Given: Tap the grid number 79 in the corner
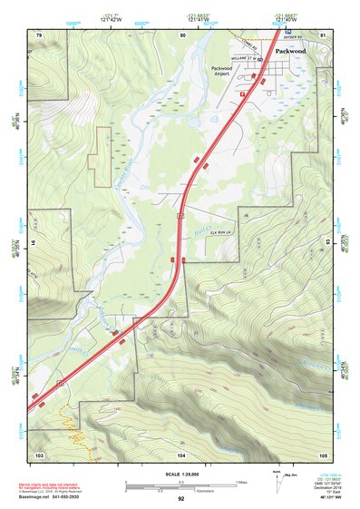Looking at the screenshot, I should coord(39,34).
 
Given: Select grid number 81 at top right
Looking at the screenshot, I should coord(323,34).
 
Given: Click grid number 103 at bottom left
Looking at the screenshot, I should coord(39,454).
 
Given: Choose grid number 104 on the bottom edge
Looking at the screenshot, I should coord(181,454).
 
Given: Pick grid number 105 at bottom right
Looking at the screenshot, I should coord(323,454).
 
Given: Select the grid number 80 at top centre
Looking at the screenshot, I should coord(182,34).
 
